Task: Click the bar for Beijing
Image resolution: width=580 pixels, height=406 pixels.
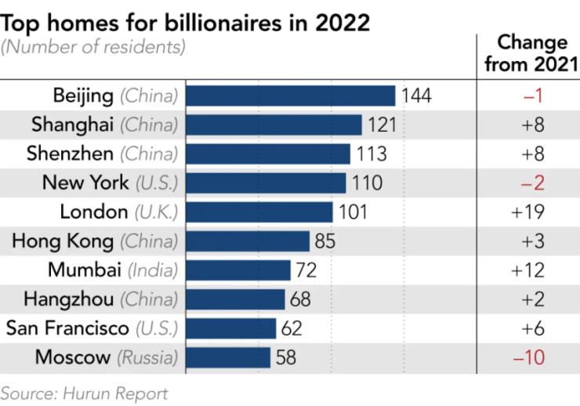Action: tap(290, 96)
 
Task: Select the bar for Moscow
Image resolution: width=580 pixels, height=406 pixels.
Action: tap(228, 357)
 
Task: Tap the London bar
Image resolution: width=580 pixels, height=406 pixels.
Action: tap(259, 212)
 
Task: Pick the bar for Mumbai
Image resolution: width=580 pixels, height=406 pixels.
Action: tap(238, 270)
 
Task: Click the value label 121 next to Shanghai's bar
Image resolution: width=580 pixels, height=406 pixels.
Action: tap(381, 125)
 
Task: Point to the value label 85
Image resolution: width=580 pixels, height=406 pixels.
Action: tap(325, 241)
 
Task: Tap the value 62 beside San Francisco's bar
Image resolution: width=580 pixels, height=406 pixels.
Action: tap(292, 328)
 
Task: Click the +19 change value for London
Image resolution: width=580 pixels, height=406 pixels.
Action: tap(527, 212)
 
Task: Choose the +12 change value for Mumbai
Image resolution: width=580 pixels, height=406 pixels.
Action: tap(527, 270)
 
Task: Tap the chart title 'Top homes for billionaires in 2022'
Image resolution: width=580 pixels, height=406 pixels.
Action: tap(185, 22)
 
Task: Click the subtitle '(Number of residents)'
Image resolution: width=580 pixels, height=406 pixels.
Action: tap(93, 47)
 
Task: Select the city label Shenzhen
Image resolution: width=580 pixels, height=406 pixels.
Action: tap(71, 154)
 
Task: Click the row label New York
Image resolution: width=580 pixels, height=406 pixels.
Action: tap(85, 183)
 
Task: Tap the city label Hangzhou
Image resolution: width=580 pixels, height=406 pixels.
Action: tap(69, 299)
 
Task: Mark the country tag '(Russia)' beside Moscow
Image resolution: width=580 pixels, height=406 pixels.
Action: tap(147, 358)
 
